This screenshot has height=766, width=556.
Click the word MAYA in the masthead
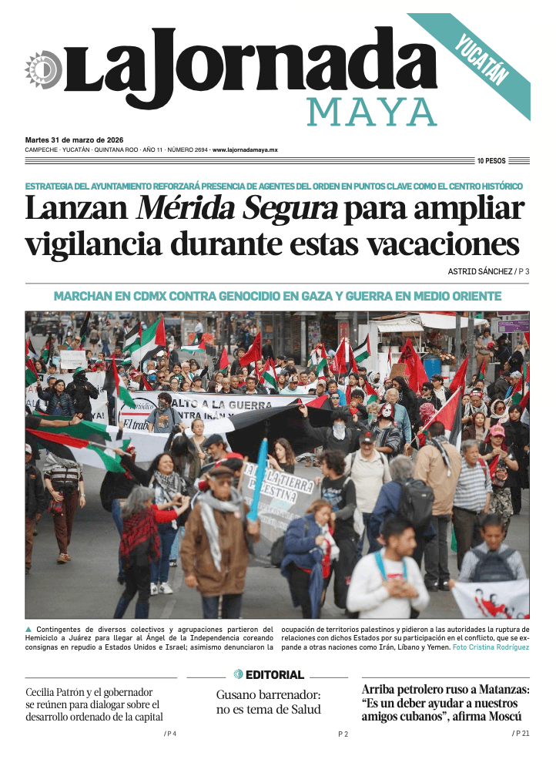(x=372, y=113)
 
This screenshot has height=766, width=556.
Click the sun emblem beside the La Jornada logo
(x=43, y=69)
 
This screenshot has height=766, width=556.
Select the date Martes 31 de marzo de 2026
(x=70, y=139)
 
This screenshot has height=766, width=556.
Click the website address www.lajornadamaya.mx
(x=245, y=150)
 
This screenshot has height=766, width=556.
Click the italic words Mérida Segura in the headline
(x=237, y=209)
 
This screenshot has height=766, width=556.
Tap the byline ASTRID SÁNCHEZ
(x=480, y=271)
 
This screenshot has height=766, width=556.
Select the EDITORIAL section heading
(x=275, y=675)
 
